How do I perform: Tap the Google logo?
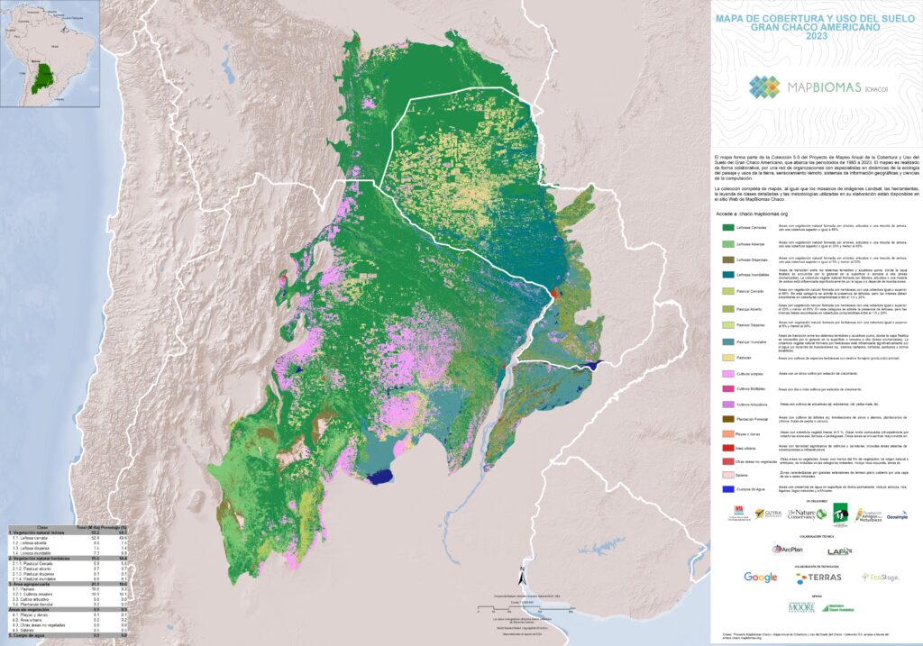pyautogui.click(x=760, y=577)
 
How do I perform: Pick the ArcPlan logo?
pyautogui.click(x=787, y=549)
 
